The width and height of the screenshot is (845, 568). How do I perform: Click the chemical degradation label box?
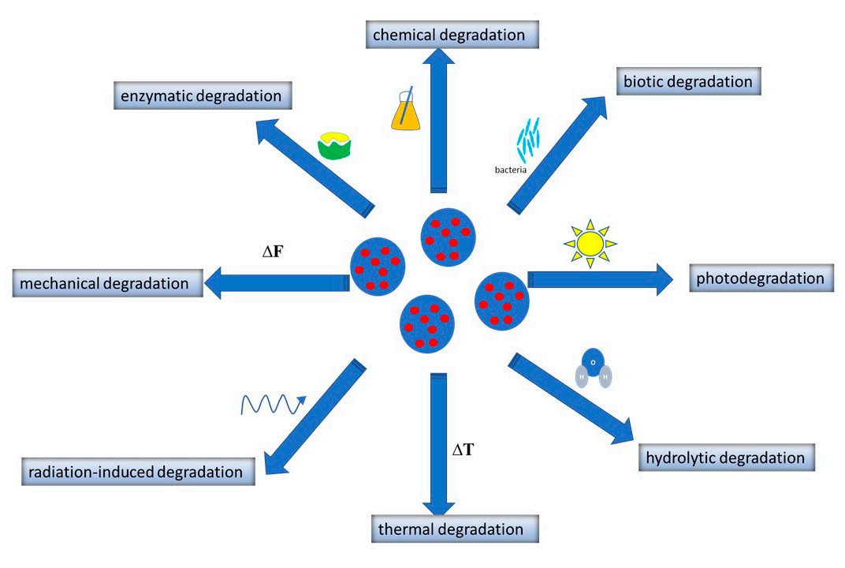(449, 35)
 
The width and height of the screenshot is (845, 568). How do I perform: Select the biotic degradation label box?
(688, 80)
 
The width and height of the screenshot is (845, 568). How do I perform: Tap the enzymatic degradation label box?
(201, 96)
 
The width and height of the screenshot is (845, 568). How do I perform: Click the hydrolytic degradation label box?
(724, 458)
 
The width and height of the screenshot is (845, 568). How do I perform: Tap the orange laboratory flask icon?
(406, 110)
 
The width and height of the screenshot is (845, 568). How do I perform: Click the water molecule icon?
(594, 368)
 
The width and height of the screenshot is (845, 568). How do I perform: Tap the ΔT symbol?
(463, 450)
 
